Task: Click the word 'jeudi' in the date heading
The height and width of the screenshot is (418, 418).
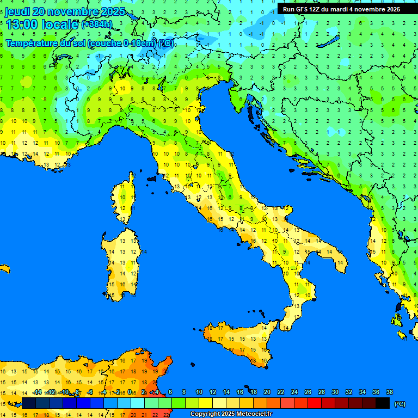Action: coord(18,11)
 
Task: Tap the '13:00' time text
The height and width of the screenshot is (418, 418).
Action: coord(21,24)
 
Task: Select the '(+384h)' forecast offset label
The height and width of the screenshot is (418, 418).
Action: coord(96,24)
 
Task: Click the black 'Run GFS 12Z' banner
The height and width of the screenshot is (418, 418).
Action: coord(341,9)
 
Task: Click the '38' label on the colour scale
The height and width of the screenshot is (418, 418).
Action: coord(389,392)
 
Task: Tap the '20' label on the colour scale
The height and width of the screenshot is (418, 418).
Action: coord(267,392)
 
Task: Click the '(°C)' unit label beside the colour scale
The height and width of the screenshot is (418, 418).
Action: coord(400,404)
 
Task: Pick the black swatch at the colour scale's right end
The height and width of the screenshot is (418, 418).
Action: coord(383,403)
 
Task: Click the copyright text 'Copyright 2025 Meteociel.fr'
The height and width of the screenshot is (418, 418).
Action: coord(231,414)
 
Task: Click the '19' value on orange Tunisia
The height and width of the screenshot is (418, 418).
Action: coord(144,360)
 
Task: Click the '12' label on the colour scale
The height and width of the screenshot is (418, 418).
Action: coord(212,392)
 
